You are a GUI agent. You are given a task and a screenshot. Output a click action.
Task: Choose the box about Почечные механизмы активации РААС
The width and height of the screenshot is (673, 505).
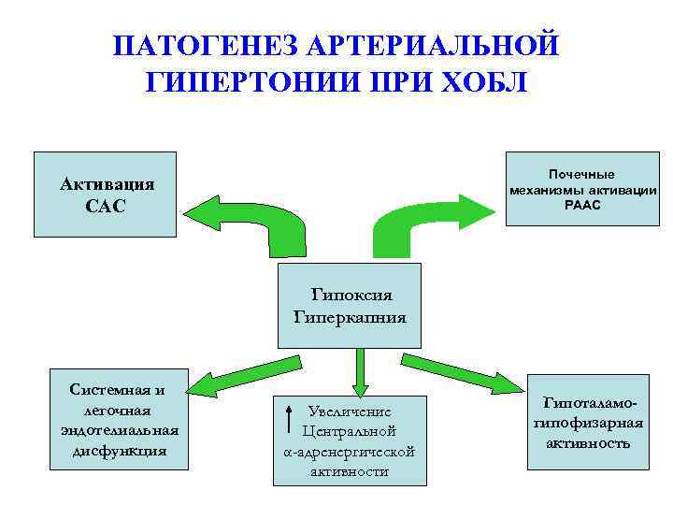[x=582, y=189]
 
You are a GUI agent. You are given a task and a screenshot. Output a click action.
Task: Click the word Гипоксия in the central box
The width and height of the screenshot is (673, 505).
[x=351, y=296]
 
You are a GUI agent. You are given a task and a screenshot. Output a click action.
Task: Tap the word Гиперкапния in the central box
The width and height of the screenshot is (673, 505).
[x=351, y=316]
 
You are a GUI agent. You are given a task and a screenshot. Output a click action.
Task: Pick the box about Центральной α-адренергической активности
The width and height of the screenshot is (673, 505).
[x=349, y=440]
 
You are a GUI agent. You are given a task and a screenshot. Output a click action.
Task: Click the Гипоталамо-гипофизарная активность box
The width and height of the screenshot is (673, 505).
[x=589, y=422]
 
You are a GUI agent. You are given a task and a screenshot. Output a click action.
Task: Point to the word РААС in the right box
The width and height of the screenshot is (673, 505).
[x=582, y=205]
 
